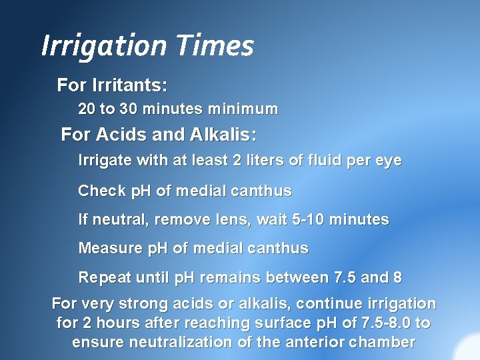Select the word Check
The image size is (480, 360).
(x=102, y=191)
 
